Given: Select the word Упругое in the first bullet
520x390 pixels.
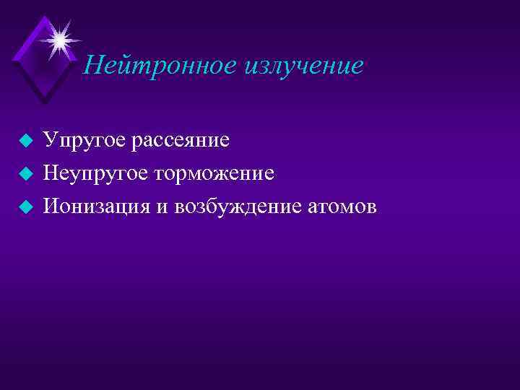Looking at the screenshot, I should point(84,139).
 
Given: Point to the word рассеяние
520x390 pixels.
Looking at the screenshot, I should point(181,139).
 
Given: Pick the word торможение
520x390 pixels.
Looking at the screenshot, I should point(214,173).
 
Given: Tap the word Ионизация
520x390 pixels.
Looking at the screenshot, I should point(96,207).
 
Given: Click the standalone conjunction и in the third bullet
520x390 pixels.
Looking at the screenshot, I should point(161,207).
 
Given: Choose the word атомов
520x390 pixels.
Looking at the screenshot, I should point(337,207).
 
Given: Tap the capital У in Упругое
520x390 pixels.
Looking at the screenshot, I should point(50,139).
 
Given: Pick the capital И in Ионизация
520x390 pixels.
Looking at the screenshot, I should point(51,207).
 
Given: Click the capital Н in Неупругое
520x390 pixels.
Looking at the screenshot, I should point(51,173).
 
